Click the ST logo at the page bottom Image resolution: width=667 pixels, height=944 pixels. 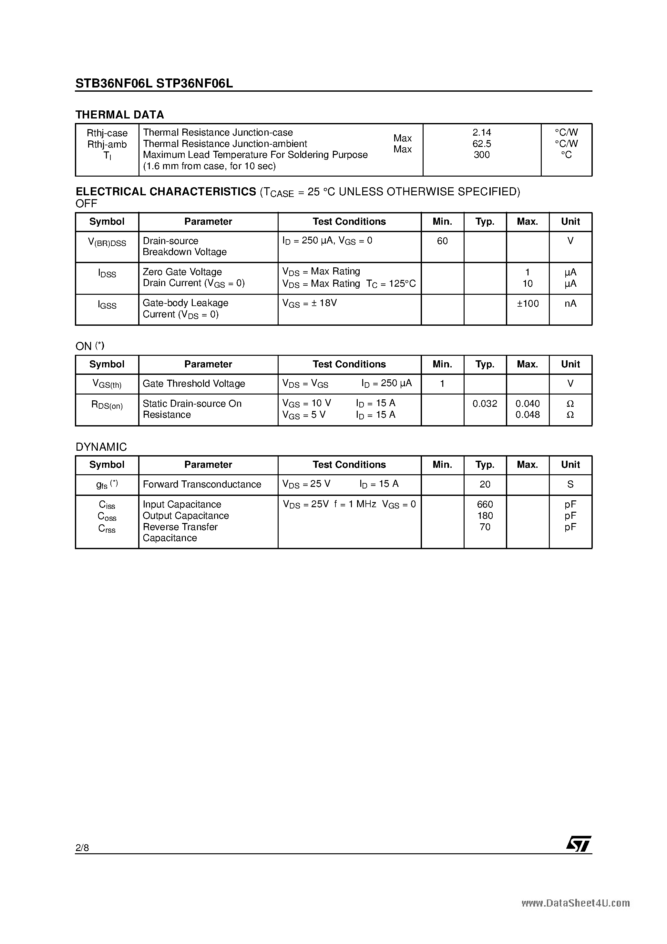579,843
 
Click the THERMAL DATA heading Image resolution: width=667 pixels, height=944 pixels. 120,115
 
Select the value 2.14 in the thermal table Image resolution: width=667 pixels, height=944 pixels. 482,132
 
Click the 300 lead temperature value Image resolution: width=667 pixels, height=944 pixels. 482,155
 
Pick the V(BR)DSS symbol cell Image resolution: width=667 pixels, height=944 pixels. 107,242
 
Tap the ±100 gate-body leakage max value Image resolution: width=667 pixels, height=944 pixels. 528,304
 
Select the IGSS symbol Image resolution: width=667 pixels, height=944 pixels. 107,305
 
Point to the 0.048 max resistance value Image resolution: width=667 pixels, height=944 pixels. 528,415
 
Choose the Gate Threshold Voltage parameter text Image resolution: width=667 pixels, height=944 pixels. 194,384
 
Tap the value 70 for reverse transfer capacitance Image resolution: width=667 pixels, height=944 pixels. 485,527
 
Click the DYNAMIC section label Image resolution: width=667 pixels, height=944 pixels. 101,447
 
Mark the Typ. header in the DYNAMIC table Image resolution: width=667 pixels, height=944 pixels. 485,465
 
